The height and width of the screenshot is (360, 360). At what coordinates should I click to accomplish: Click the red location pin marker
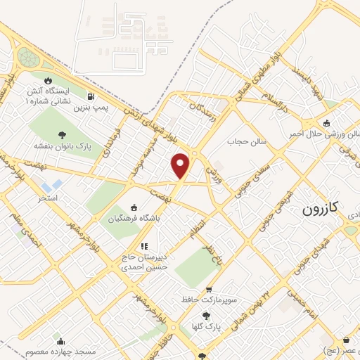click(x=181, y=165)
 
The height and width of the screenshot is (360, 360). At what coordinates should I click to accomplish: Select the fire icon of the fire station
click(x=48, y=81)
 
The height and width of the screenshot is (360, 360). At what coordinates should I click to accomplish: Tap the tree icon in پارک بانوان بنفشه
click(x=62, y=134)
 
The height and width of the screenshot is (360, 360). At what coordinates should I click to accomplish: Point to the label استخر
click(x=48, y=198)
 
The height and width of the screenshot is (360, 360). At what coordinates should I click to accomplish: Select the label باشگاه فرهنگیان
click(x=134, y=219)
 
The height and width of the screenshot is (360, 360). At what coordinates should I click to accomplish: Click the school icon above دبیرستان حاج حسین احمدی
click(x=144, y=246)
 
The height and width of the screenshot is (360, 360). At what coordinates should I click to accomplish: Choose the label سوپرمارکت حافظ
click(x=210, y=300)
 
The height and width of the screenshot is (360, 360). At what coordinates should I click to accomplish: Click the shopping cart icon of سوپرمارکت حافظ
click(x=209, y=289)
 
